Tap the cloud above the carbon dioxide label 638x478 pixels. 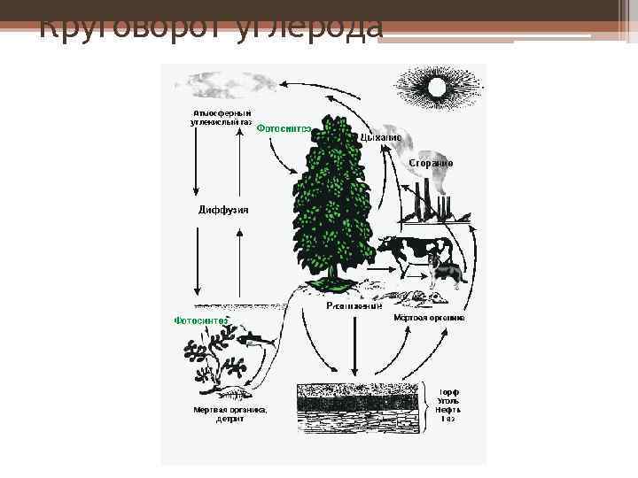click(226, 85)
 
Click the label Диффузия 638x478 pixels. click(222, 210)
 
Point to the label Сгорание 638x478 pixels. click(431, 164)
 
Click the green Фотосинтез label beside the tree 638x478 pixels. click(284, 127)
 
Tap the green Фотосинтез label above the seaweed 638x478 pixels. click(201, 320)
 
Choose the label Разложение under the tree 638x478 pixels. click(354, 306)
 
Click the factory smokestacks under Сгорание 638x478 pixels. click(429, 200)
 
